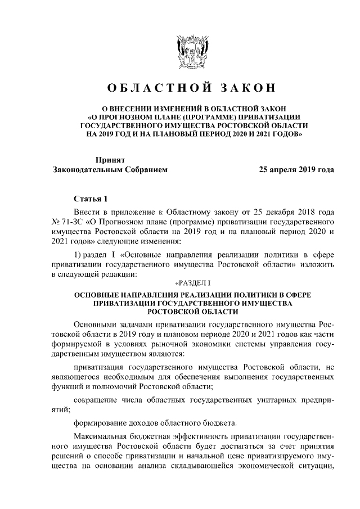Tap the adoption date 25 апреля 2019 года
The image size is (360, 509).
(x=296, y=169)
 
